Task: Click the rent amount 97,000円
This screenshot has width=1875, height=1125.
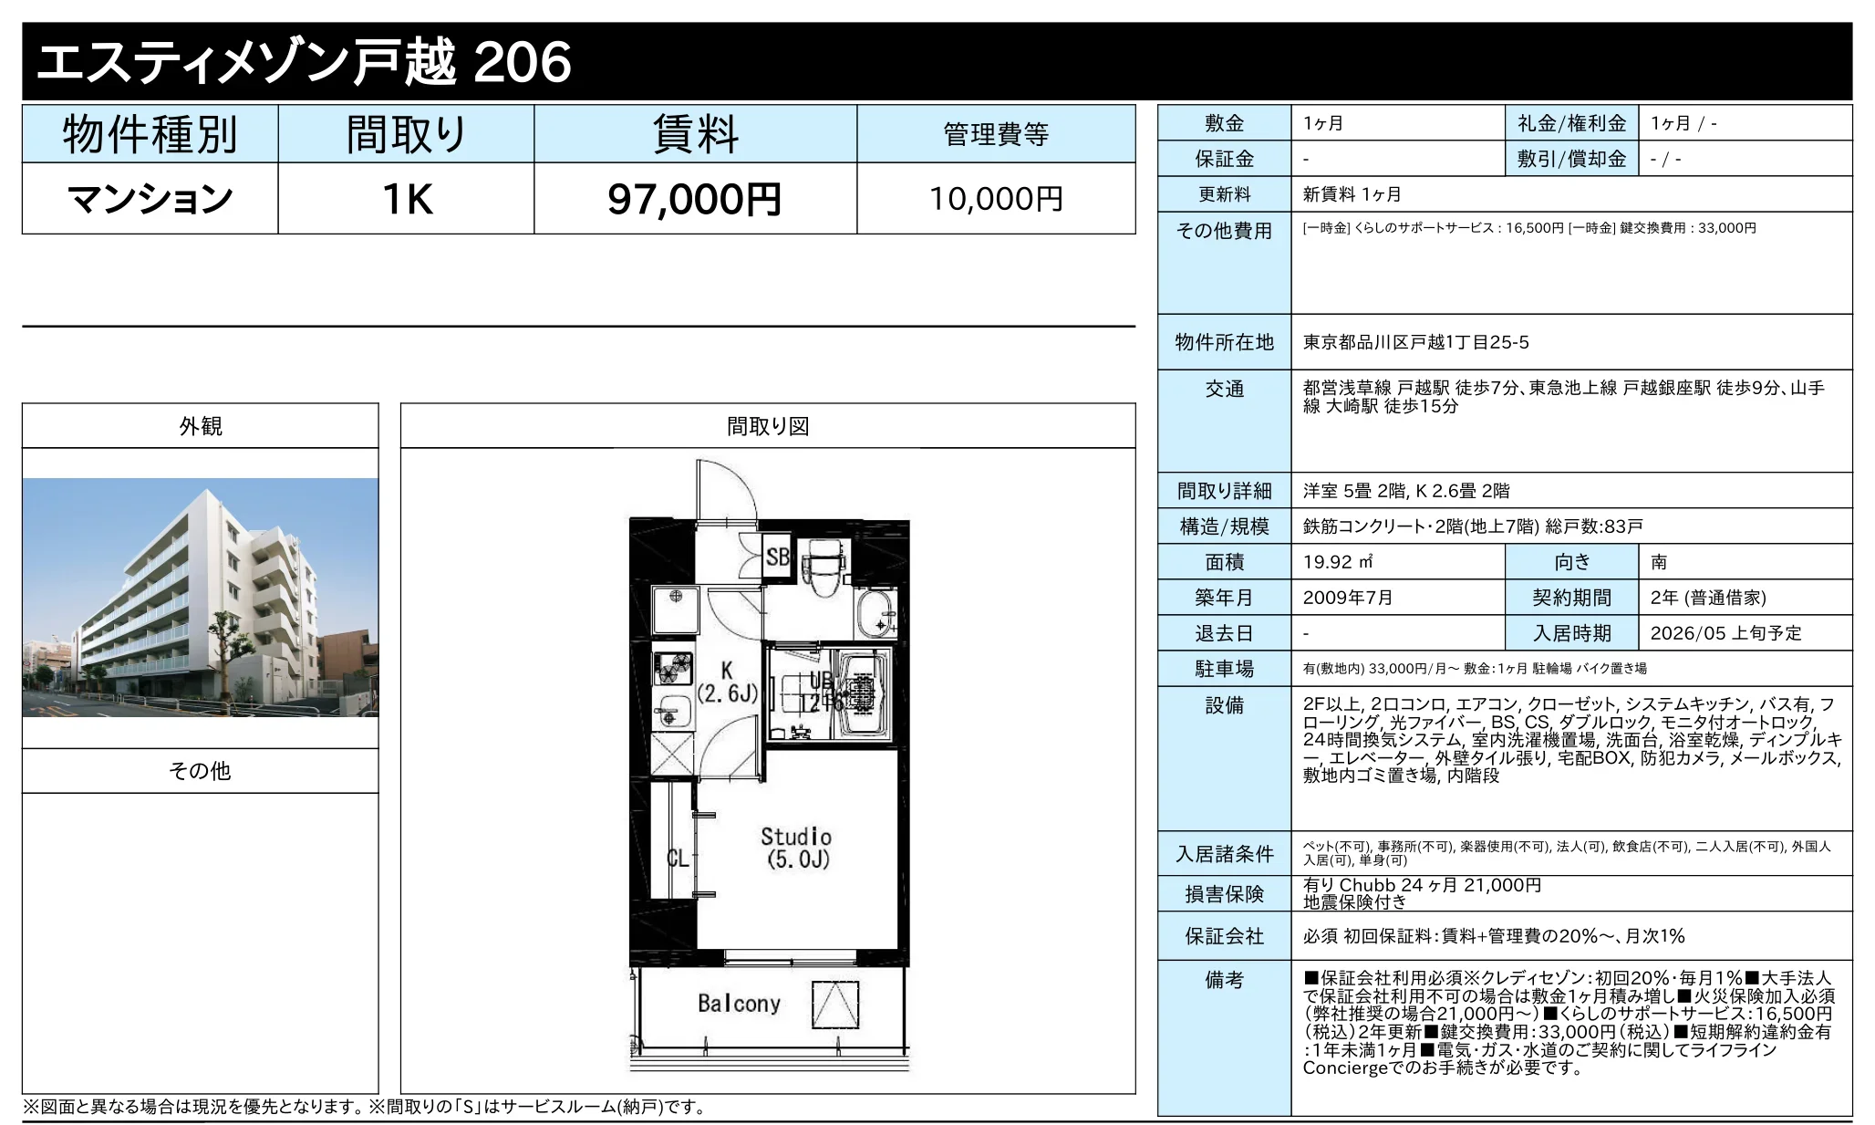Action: click(x=694, y=199)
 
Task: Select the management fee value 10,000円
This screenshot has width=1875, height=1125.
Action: click(x=995, y=199)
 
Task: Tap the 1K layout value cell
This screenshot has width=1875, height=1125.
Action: click(x=406, y=199)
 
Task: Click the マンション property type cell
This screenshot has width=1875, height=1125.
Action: click(x=150, y=199)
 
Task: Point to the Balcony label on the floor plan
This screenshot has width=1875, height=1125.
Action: click(x=739, y=1004)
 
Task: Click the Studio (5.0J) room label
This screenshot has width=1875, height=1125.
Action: click(x=796, y=848)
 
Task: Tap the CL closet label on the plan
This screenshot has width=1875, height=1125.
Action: click(x=677, y=858)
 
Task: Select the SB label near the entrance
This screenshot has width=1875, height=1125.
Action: click(x=777, y=557)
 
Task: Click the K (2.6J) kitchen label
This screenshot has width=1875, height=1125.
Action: click(x=727, y=682)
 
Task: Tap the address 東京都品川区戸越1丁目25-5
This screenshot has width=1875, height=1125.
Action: click(x=1415, y=342)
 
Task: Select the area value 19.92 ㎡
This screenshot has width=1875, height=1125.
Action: click(x=1338, y=562)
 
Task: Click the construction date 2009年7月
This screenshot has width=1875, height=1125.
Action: click(x=1347, y=598)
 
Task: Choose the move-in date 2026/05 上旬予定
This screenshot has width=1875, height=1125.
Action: click(x=1725, y=633)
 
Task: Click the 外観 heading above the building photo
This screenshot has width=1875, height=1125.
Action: click(x=200, y=426)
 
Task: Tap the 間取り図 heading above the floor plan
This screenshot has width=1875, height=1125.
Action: click(x=768, y=426)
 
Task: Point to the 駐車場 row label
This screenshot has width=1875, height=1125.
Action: click(x=1224, y=669)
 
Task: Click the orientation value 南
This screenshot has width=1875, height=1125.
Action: click(x=1659, y=562)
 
